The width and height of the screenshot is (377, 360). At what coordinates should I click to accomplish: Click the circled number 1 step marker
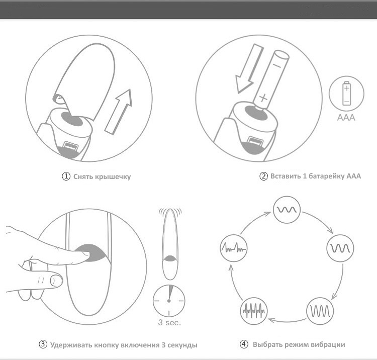[66, 176]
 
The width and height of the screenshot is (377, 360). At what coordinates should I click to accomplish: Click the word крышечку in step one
[113, 177]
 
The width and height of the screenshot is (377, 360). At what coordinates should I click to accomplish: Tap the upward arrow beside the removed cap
[119, 112]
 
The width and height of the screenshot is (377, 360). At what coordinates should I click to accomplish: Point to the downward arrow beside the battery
[249, 68]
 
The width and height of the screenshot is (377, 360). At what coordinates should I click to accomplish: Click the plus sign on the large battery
[263, 98]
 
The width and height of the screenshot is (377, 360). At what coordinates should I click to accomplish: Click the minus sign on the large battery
[277, 65]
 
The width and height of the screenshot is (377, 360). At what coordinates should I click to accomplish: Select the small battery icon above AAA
[346, 94]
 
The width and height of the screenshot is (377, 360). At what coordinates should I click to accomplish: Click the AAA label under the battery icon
[346, 117]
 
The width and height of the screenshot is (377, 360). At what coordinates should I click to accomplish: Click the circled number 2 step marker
[263, 176]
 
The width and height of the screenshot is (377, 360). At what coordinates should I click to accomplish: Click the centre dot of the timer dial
[169, 301]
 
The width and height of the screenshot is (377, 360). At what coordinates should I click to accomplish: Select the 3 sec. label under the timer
[169, 322]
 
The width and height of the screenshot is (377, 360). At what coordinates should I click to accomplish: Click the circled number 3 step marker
[43, 344]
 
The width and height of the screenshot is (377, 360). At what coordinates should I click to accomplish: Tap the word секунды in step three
[182, 345]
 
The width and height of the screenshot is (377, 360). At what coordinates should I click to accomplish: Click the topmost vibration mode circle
[287, 210]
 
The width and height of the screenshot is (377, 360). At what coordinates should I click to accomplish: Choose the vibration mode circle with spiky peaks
[234, 248]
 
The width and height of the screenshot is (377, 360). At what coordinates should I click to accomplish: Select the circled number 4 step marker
[244, 344]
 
